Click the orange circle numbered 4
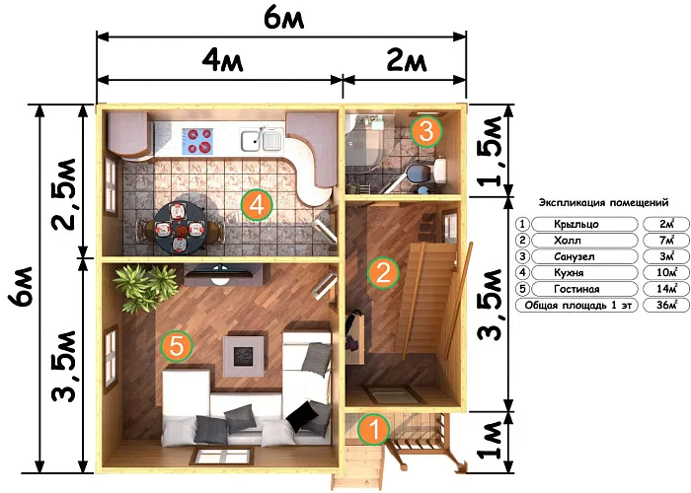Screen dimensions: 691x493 [x=257, y=205]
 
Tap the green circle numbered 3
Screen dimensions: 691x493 [x=425, y=131]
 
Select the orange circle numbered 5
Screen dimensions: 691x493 [x=177, y=346]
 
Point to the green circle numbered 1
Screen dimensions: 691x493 [x=374, y=428]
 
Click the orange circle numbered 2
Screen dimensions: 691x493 [x=383, y=273]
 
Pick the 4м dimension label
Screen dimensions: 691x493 [x=222, y=60]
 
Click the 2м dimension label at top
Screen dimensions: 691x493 [x=407, y=60]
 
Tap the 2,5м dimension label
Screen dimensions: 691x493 [x=64, y=194]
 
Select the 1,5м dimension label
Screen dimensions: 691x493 [x=490, y=151]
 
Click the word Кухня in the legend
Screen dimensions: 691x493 [x=569, y=273]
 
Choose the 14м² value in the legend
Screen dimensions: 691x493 [x=666, y=289]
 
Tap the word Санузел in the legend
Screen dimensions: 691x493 [x=575, y=256]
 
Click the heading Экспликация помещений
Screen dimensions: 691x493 [x=604, y=202]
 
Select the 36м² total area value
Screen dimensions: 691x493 [x=666, y=305]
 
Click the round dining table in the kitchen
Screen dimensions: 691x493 [x=180, y=228]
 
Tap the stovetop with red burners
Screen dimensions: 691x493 [x=197, y=141]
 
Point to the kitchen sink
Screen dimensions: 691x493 [x=262, y=140]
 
